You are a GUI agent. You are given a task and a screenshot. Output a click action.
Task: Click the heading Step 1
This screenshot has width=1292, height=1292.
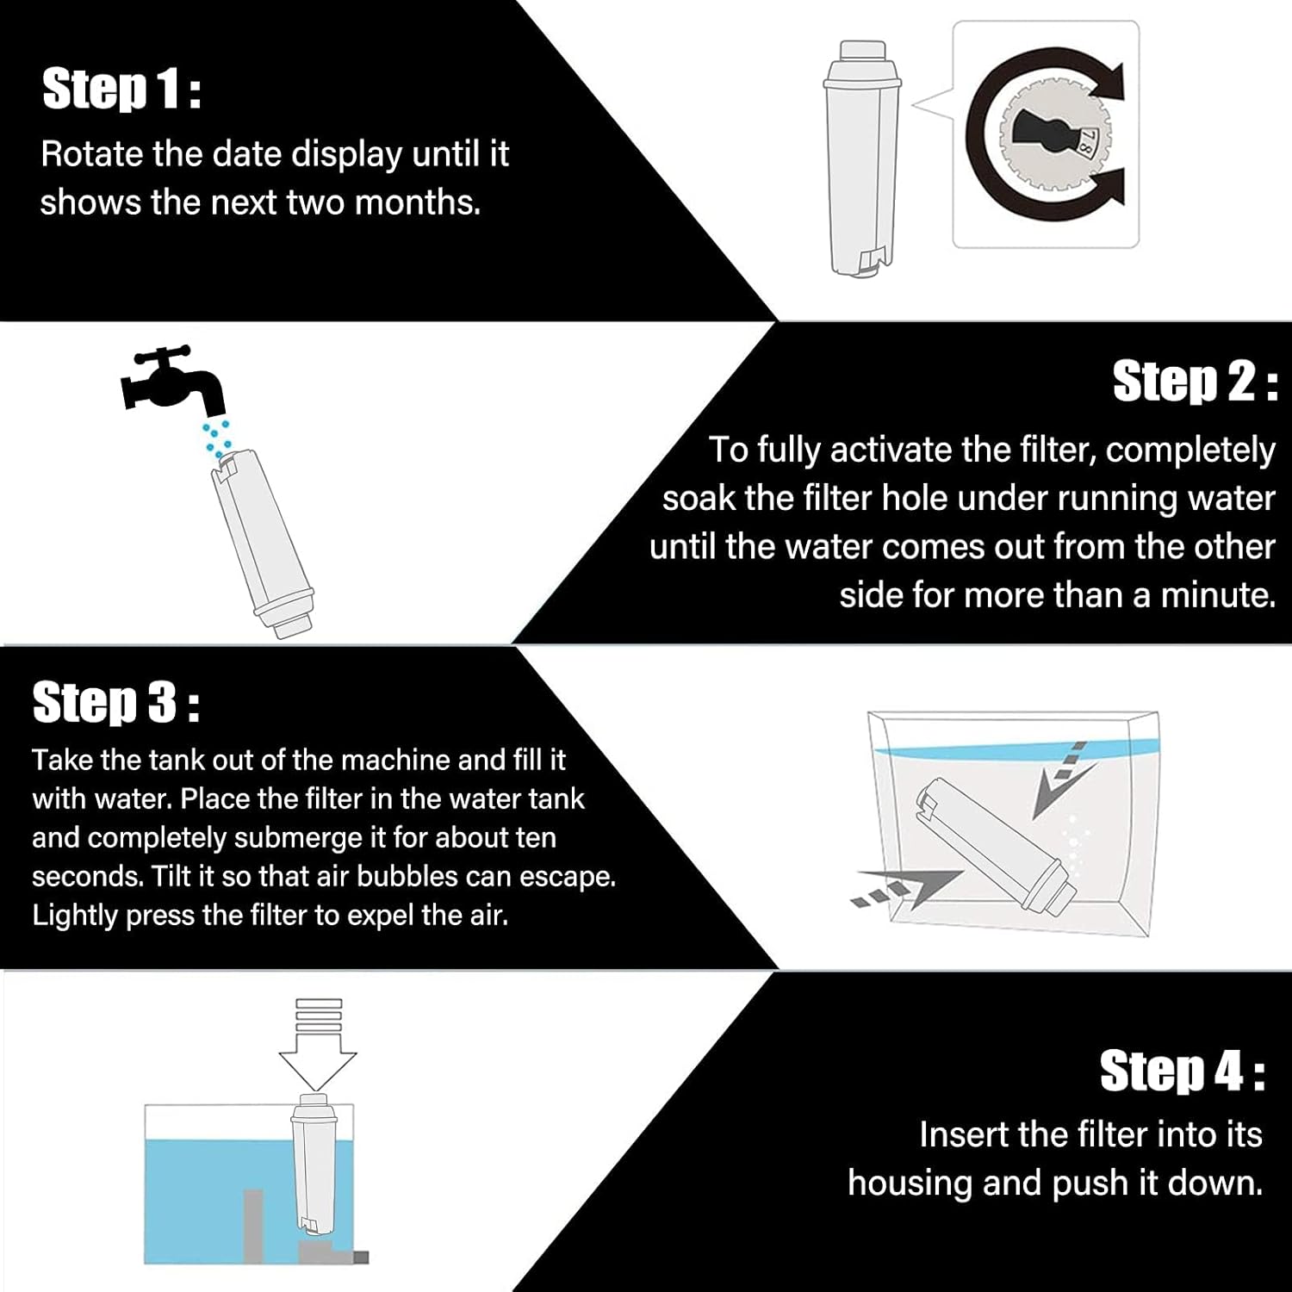pos(121,90)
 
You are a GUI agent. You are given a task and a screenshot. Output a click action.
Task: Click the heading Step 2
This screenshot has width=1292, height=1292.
pos(1195,382)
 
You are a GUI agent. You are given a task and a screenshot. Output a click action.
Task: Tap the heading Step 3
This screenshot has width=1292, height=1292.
pos(116,703)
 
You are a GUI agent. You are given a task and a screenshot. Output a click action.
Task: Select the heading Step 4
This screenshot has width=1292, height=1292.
pos(1182,1071)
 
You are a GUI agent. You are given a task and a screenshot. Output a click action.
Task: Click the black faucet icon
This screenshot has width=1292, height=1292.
pos(172,380)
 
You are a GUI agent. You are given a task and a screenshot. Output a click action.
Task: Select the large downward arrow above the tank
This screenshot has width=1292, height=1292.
pos(319,1047)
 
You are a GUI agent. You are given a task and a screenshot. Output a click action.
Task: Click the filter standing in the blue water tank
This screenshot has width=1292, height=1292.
pos(319,1167)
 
